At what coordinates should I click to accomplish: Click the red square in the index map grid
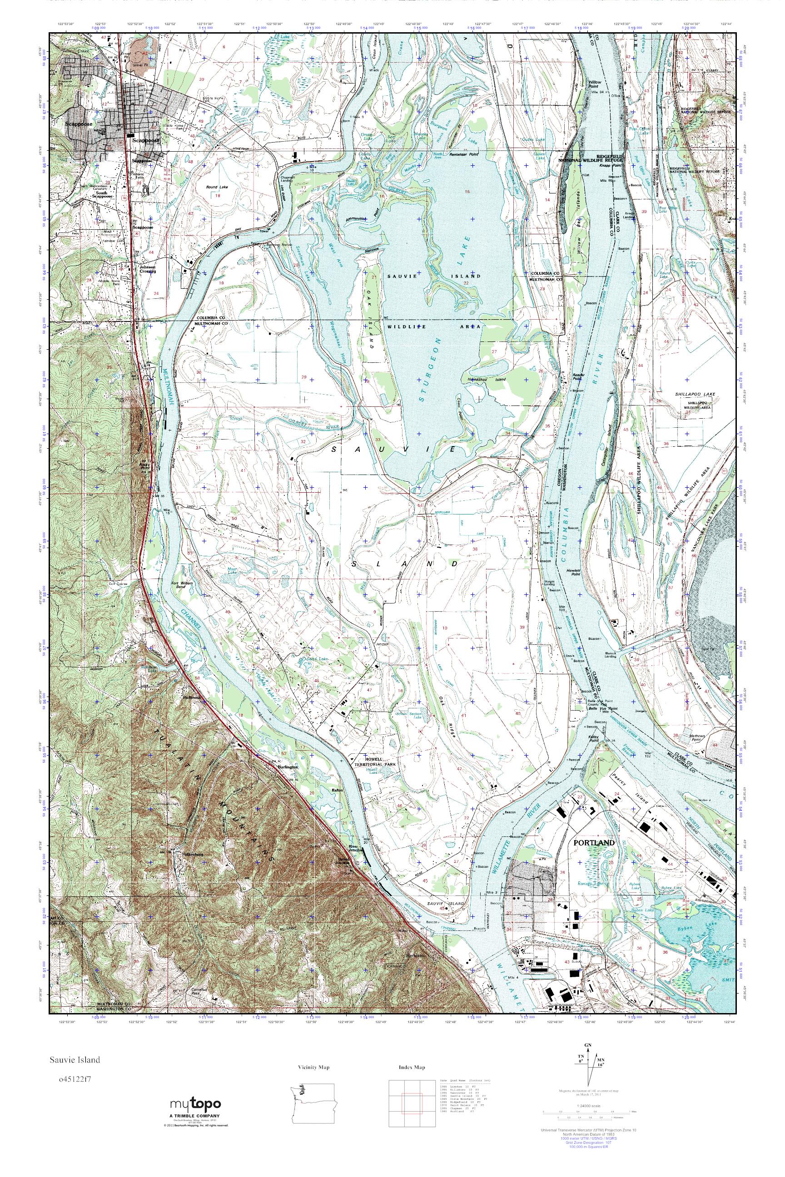412,1104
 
